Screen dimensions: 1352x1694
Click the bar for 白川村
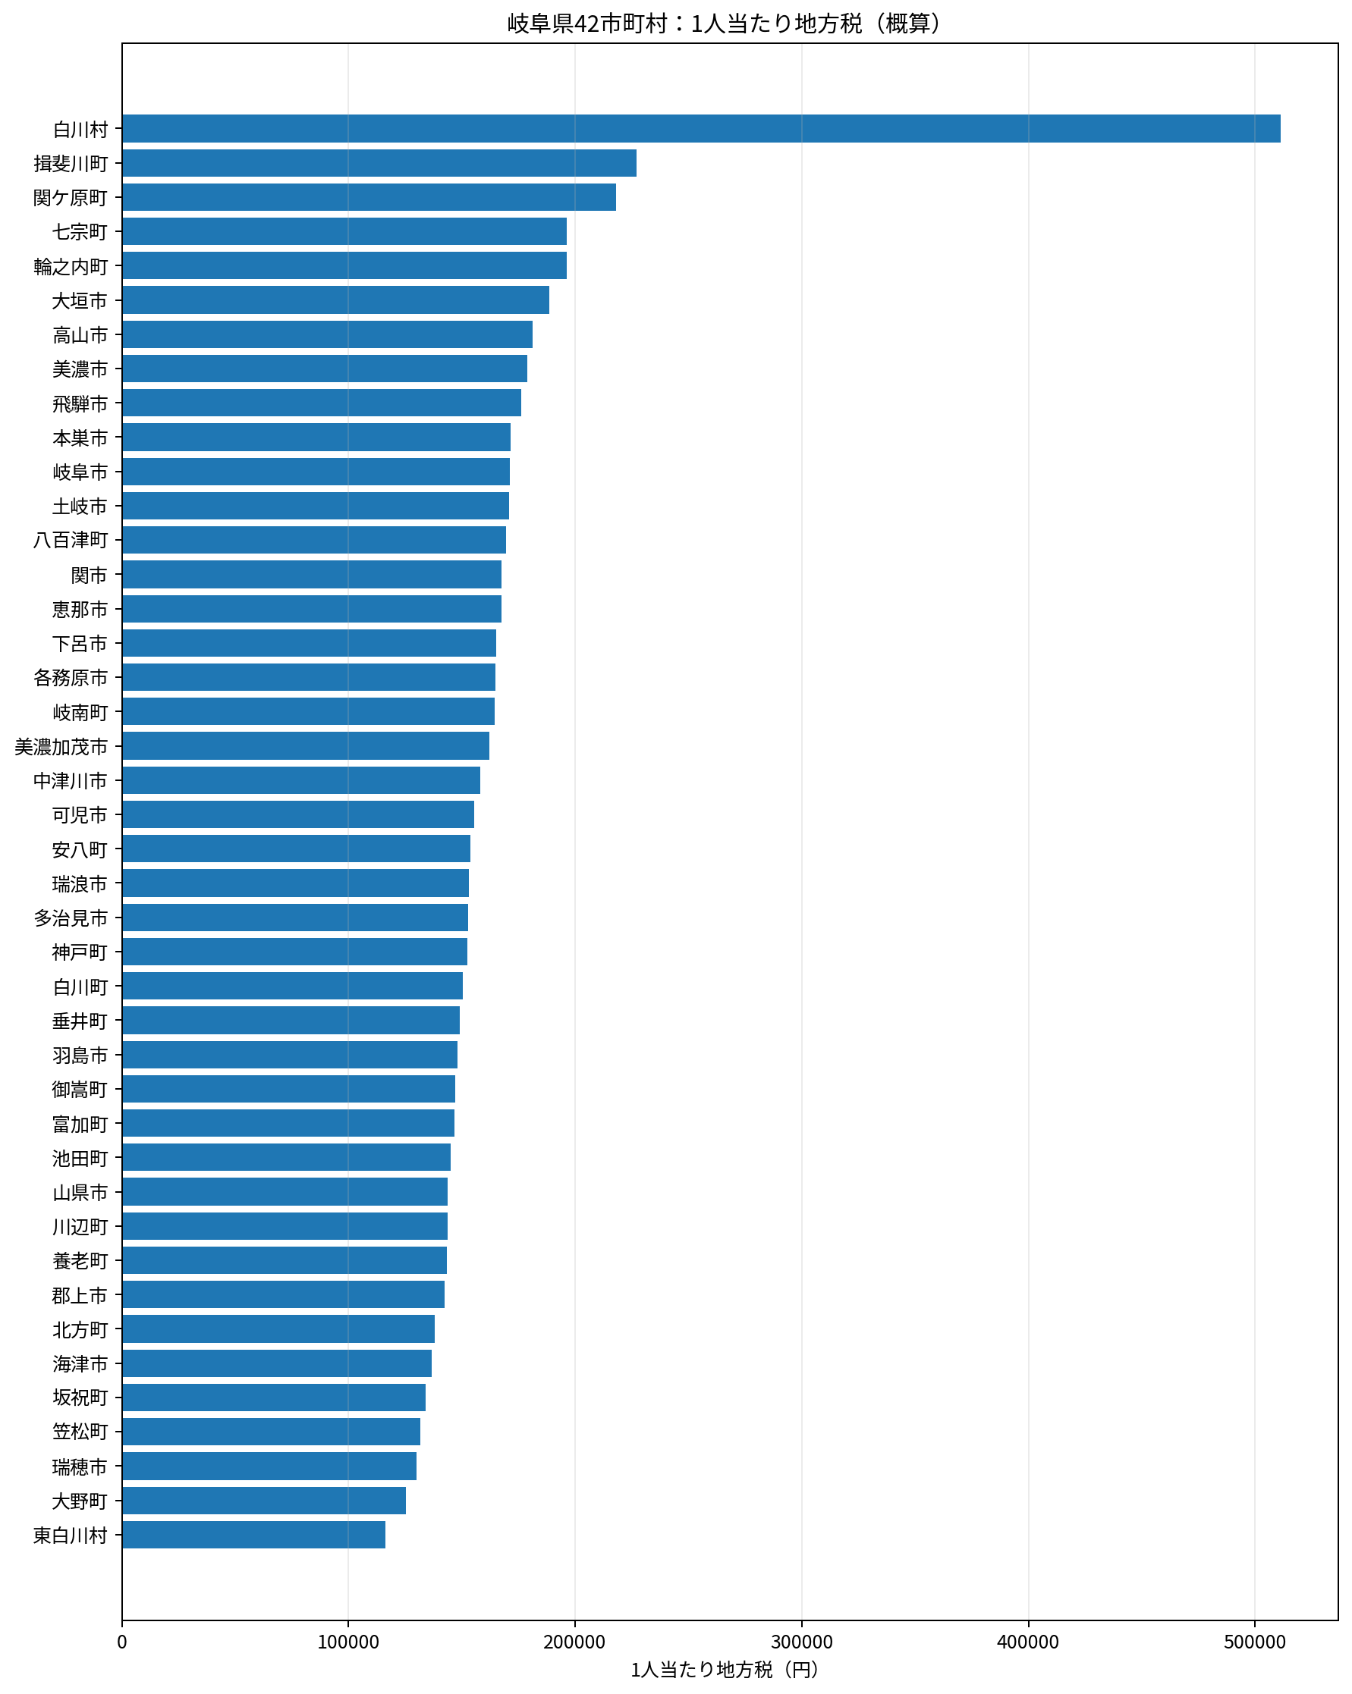[x=701, y=129]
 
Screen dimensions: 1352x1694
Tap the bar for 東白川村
[x=254, y=1535]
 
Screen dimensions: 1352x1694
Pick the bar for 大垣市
[x=335, y=300]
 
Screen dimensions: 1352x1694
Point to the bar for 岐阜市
[x=316, y=472]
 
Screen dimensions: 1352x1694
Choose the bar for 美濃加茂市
[x=306, y=745]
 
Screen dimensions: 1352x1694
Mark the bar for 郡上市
[x=283, y=1295]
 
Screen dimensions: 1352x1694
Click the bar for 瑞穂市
[x=269, y=1467]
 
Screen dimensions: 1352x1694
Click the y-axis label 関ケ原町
[x=70, y=198]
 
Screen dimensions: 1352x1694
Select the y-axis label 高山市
[x=80, y=335]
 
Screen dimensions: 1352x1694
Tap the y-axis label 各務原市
[x=70, y=677]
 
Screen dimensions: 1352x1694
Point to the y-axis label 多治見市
[x=70, y=918]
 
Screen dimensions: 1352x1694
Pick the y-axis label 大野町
[x=80, y=1501]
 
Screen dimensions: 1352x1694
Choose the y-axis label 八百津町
[x=70, y=541]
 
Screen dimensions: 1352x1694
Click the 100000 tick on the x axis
[x=348, y=1642]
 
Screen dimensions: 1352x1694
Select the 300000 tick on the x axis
[x=802, y=1642]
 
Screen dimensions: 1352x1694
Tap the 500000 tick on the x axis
[x=1256, y=1642]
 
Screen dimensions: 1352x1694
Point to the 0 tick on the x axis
[x=122, y=1642]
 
